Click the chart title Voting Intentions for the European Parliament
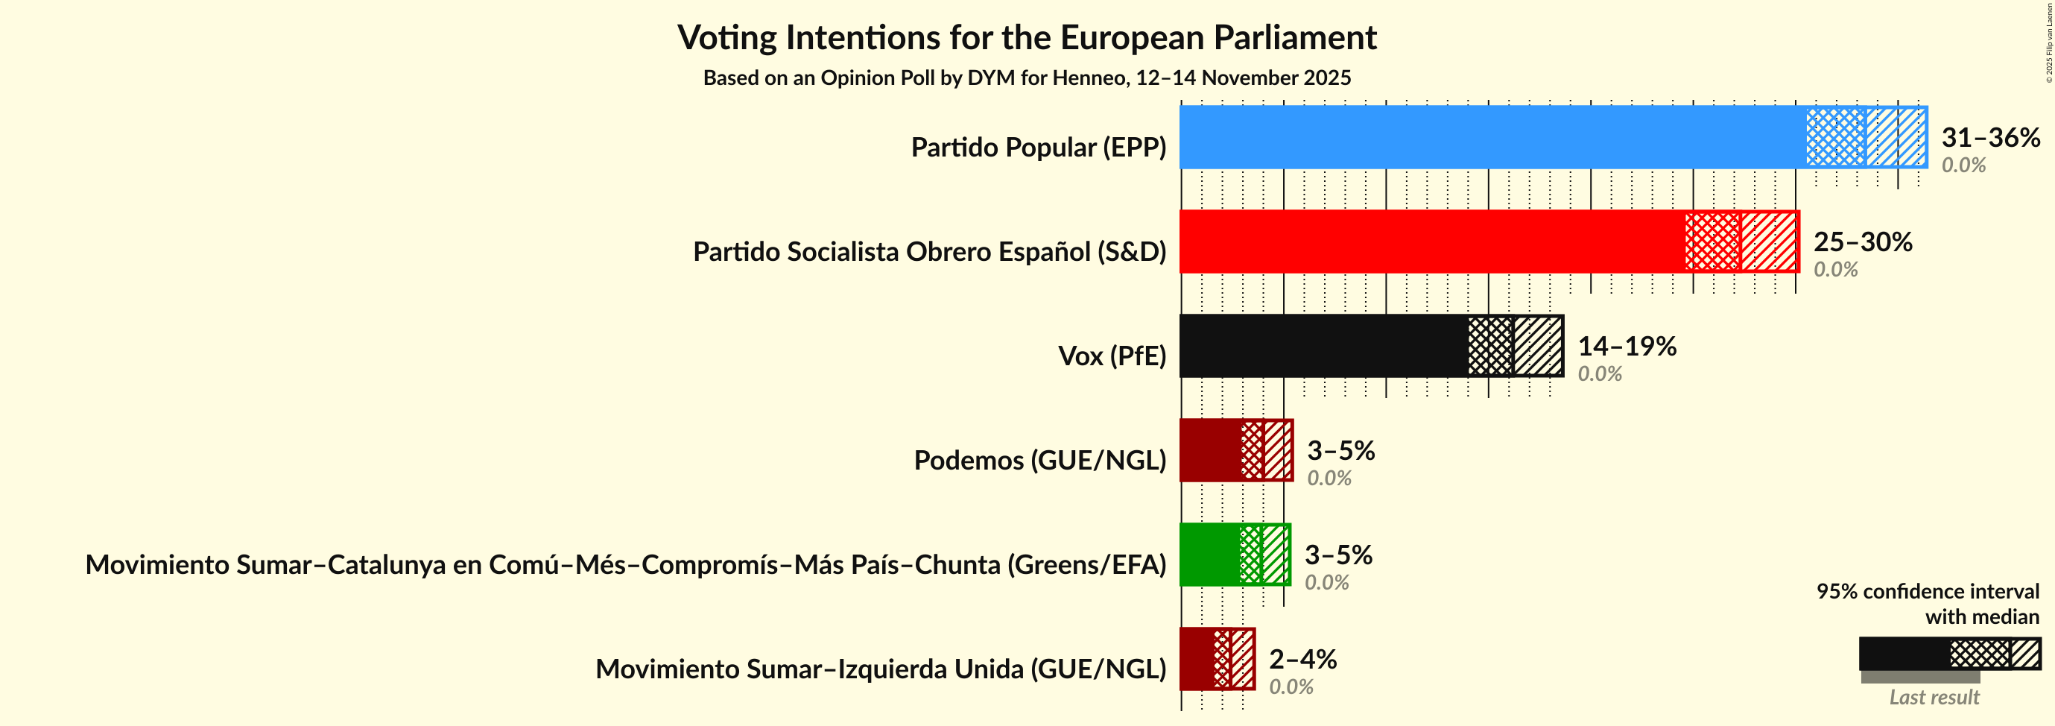(1027, 37)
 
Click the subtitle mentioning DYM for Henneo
(1027, 78)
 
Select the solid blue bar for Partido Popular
(1492, 137)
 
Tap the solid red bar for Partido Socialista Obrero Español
(1432, 242)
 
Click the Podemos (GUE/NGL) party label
(1039, 461)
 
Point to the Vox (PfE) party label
(1111, 356)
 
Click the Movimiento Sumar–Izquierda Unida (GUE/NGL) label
(881, 669)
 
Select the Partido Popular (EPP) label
(1038, 148)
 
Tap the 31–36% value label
(1989, 137)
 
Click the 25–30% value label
(1862, 242)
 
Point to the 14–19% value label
(1627, 347)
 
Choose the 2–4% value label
(1302, 659)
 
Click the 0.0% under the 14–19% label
(1600, 374)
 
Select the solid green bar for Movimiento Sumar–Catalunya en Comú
(1209, 555)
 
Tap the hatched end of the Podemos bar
(1278, 451)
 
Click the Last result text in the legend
(1934, 697)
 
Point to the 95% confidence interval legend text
(1928, 591)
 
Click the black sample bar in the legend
(1904, 654)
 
